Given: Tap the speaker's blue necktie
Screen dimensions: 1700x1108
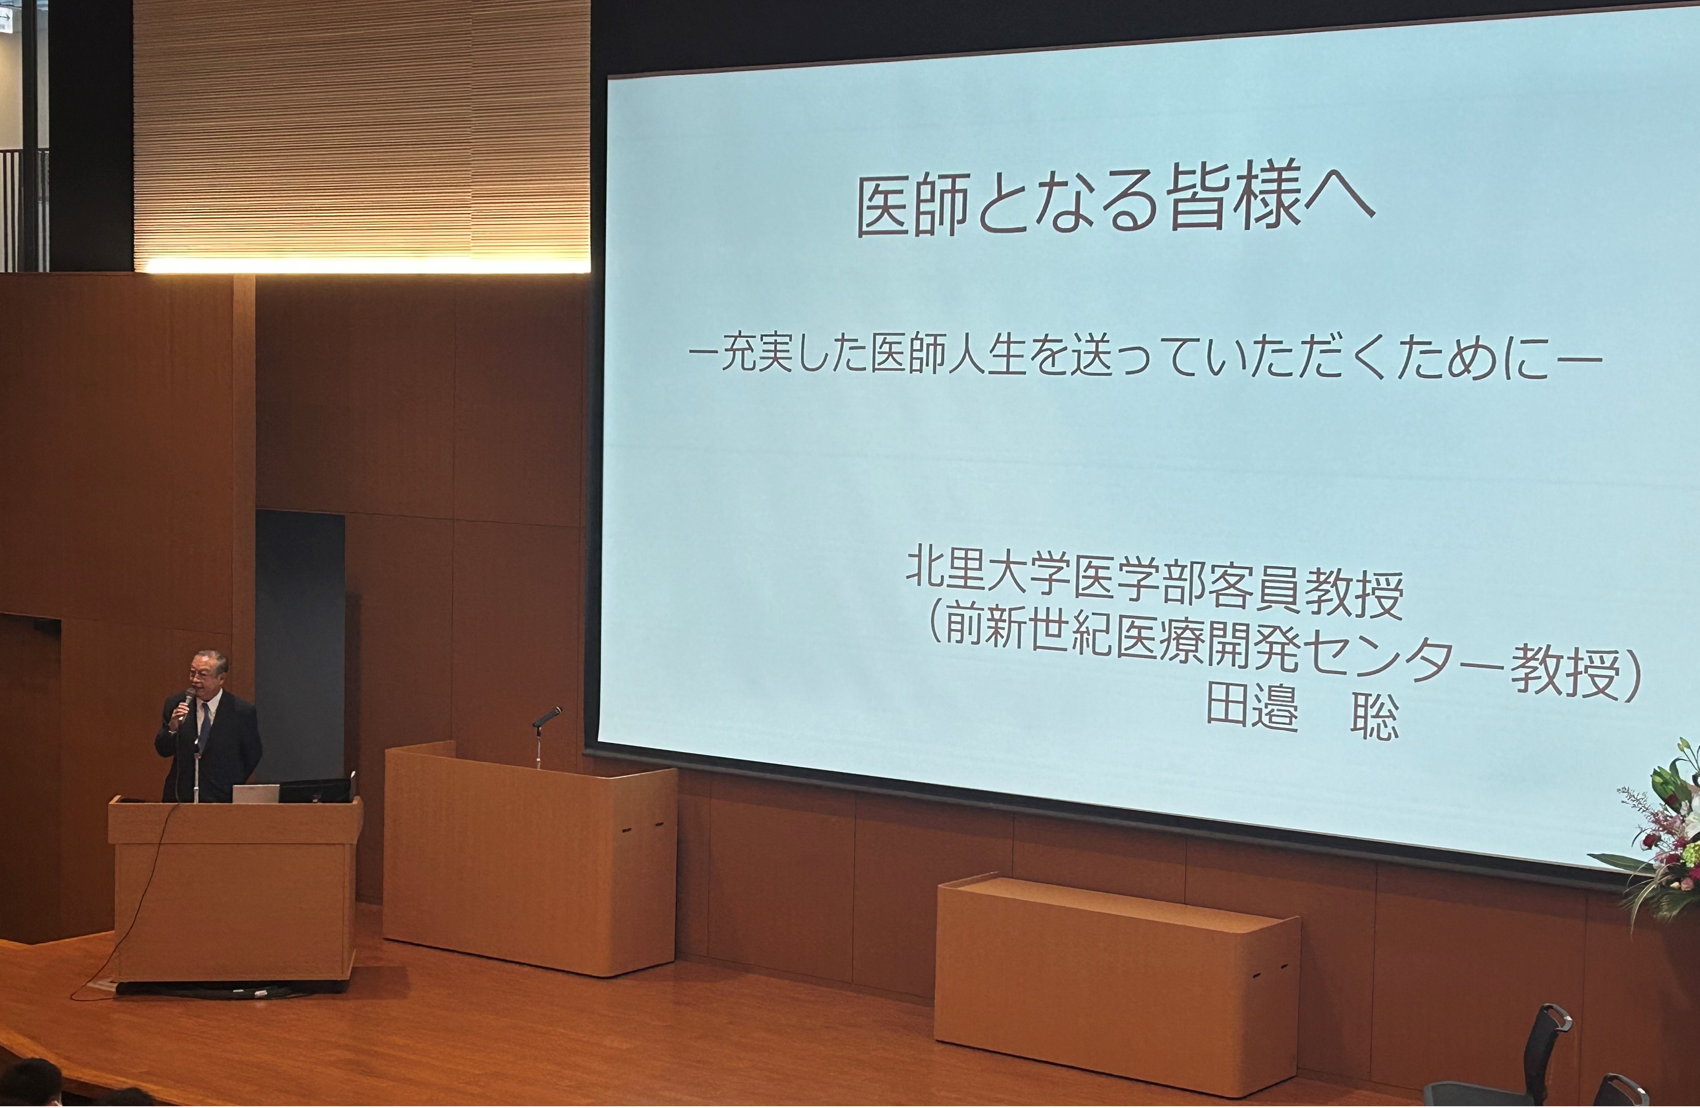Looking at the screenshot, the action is point(204,725).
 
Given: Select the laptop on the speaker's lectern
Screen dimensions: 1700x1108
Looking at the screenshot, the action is point(255,793).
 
